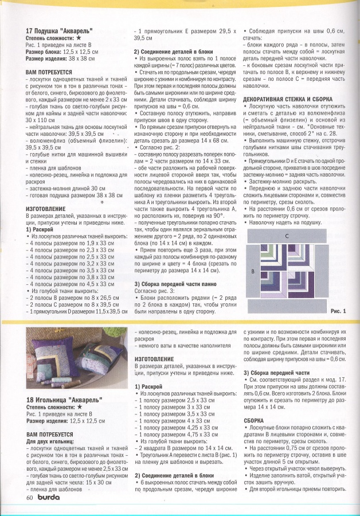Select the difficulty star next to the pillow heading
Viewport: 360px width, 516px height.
(78, 38)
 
